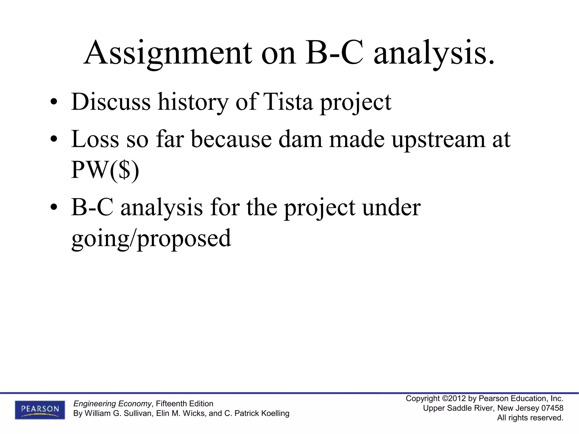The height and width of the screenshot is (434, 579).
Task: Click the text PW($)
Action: click(105, 170)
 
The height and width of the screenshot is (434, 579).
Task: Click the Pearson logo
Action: click(40, 409)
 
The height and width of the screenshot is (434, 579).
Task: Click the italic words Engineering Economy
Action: click(112, 403)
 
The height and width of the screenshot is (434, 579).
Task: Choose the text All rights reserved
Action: click(530, 418)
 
